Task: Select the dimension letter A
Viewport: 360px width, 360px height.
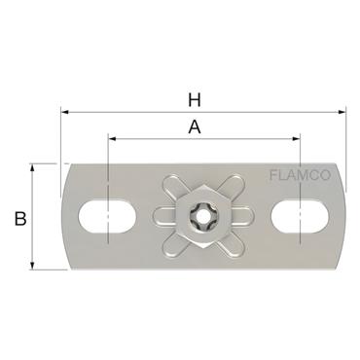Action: coord(195,126)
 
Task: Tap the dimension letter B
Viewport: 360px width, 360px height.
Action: coord(19,219)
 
